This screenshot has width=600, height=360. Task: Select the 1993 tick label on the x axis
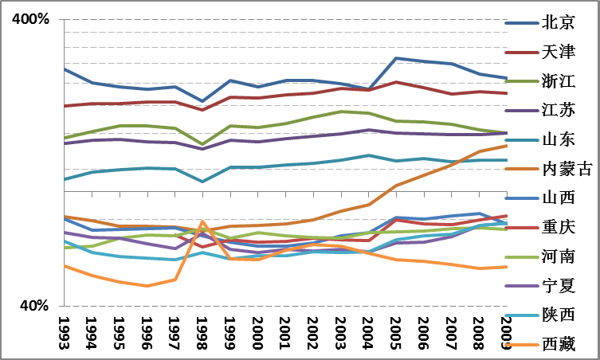[65, 330]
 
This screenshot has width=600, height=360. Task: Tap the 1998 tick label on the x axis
[203, 330]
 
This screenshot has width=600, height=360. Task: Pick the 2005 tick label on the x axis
[397, 330]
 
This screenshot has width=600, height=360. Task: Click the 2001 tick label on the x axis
[286, 330]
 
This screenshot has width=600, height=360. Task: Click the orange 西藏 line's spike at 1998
[202, 221]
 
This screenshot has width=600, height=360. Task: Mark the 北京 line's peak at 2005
[397, 58]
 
